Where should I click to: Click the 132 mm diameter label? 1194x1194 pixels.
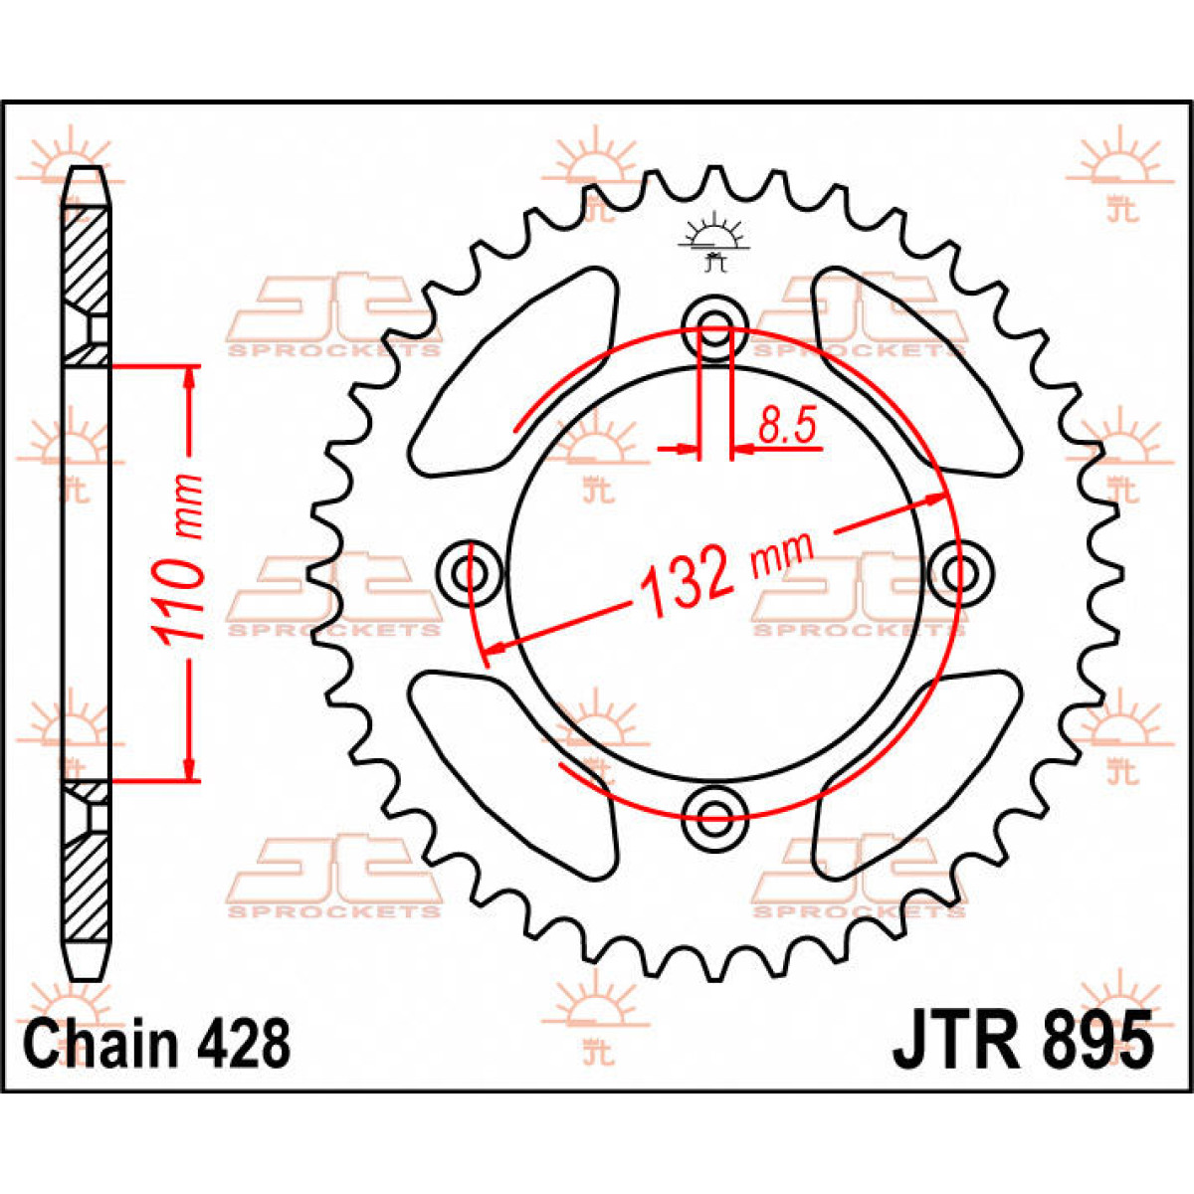click(726, 577)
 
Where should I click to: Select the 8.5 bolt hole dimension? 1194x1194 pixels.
click(786, 427)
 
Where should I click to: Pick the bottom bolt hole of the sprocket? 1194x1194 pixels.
click(714, 817)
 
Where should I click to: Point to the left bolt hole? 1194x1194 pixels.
click(470, 573)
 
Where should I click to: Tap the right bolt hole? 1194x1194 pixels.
click(959, 573)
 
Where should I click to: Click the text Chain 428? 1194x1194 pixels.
click(157, 1045)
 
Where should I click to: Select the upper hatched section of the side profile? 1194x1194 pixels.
click(86, 259)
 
